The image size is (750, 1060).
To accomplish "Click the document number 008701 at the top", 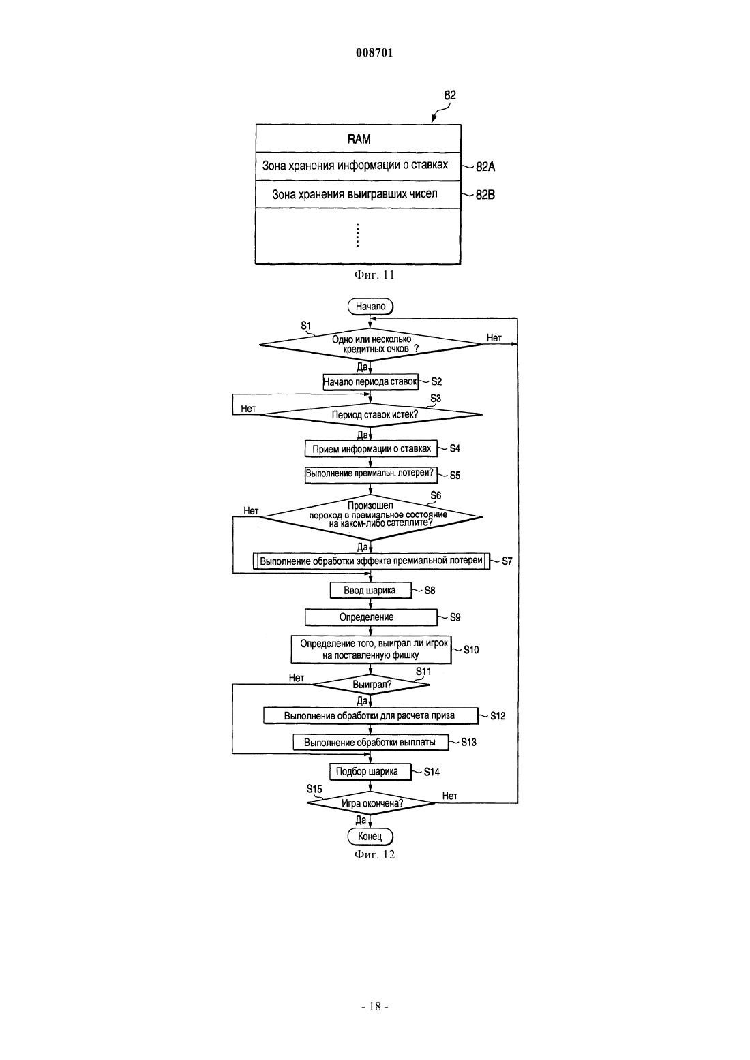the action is [x=374, y=52].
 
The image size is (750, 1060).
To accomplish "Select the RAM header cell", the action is [x=359, y=139].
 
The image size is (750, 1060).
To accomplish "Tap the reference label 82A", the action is [x=485, y=167].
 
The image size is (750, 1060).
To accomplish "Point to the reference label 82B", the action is [x=485, y=194].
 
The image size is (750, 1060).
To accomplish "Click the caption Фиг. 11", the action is [x=374, y=275].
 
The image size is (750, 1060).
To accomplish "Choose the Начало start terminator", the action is [x=370, y=306].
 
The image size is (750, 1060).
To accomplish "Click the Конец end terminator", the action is [x=370, y=836].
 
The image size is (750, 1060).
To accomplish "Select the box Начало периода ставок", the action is [x=370, y=381].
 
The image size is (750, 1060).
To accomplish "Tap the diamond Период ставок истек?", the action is [x=371, y=415].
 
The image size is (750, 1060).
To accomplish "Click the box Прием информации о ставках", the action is [x=371, y=449].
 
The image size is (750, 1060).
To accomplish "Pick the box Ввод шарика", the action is [x=370, y=590].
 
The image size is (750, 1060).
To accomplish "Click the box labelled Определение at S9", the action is [x=371, y=617].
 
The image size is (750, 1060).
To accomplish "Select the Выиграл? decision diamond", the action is [x=371, y=684].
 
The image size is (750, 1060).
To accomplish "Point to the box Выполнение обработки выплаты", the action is [x=370, y=742].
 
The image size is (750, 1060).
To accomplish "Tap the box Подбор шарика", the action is [x=370, y=771].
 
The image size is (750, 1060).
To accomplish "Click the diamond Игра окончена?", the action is [x=371, y=803].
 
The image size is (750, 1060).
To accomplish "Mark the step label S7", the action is [x=507, y=561].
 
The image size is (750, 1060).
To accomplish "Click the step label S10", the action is [x=471, y=650].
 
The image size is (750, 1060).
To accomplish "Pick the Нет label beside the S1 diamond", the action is [x=494, y=337].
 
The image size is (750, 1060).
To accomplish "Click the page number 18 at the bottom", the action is [x=375, y=1006].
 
